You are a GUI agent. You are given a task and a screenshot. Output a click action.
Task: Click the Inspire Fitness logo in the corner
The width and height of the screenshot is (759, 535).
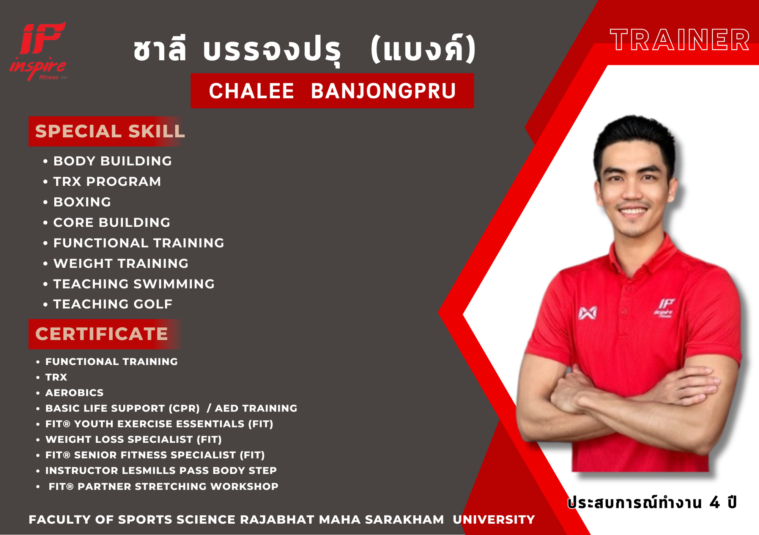pos(38,51)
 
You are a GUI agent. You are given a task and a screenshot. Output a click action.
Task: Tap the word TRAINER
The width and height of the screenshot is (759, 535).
pos(680,40)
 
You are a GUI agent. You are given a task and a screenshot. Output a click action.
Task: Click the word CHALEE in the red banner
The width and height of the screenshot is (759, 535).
pos(251,91)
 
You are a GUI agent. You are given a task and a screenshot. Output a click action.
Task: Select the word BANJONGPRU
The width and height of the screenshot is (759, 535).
pos(383,91)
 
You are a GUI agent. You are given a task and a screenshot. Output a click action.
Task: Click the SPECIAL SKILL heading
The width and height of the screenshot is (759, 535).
pos(110,131)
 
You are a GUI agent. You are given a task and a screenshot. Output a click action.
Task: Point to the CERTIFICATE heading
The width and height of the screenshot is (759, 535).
pos(102,334)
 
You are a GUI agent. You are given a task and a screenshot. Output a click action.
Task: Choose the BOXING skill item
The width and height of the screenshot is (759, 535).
pos(82,202)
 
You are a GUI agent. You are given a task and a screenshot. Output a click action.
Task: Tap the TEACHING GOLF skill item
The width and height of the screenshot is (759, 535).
pos(113,304)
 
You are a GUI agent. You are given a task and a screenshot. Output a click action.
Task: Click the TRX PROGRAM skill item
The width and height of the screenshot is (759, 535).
pos(107,181)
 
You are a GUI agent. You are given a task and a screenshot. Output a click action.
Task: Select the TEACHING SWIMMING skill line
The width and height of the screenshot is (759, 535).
pos(134,284)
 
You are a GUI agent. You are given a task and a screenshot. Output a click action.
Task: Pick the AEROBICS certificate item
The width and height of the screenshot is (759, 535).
pos(74,393)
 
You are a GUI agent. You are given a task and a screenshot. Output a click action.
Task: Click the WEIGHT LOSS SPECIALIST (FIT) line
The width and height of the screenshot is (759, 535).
pos(134,439)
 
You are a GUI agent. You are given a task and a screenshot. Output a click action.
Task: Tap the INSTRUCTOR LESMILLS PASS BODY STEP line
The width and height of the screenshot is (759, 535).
pos(161,470)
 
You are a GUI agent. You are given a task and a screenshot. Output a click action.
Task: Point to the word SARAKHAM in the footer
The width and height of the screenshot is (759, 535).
pos(405,519)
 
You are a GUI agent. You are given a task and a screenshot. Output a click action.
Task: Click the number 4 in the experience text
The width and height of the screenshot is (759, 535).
pos(715,503)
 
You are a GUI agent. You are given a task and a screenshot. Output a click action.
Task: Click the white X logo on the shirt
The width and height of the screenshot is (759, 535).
pos(587,313)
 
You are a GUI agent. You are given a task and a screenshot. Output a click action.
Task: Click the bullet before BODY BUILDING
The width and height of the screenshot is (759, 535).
pos(46,161)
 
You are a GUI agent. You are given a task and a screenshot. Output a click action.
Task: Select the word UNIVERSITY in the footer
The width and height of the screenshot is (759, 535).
pos(494,519)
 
